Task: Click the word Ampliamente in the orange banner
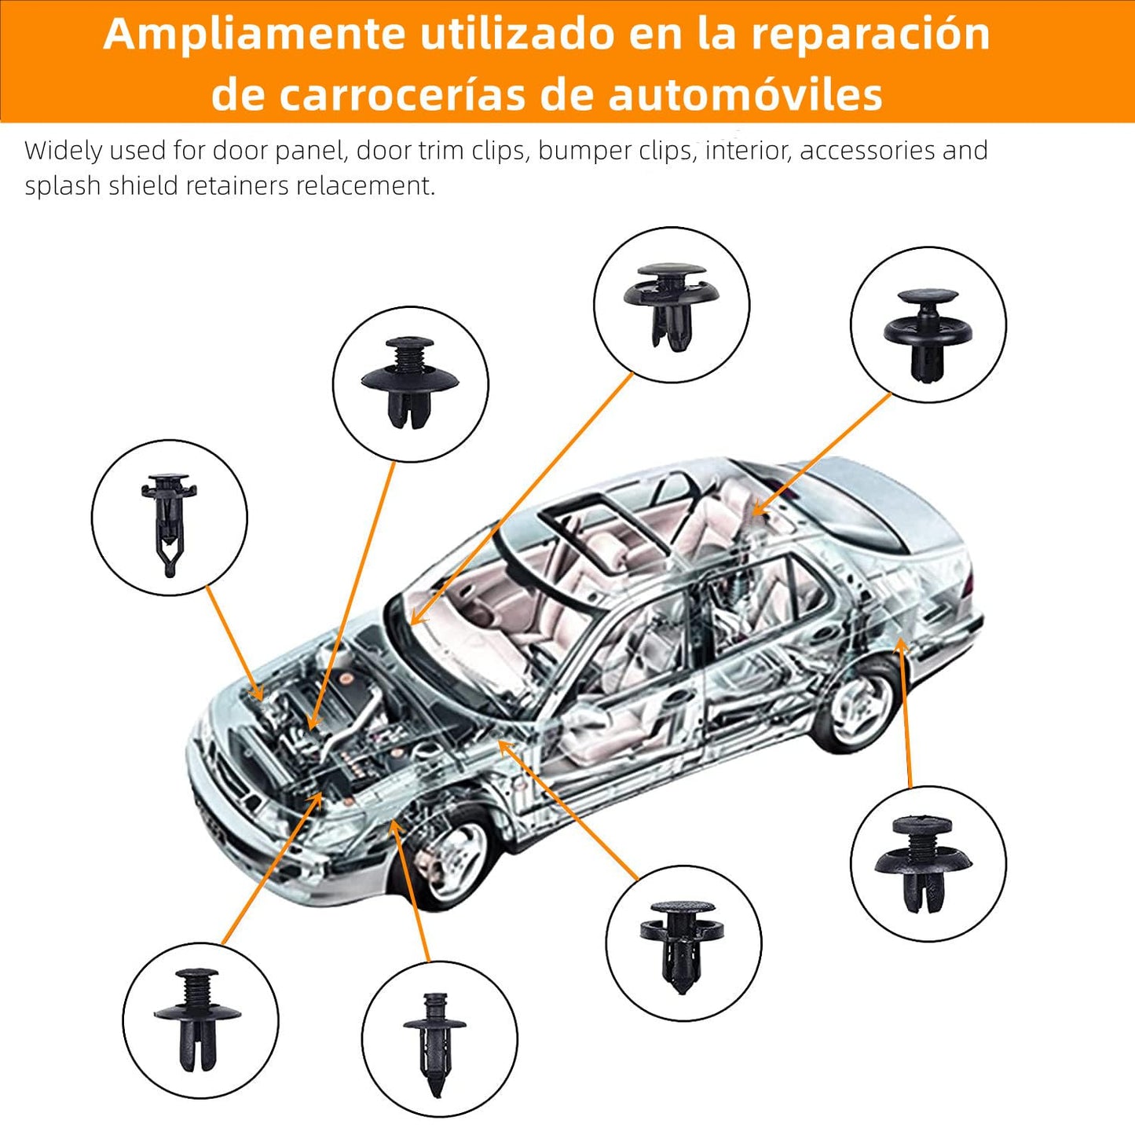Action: click(254, 35)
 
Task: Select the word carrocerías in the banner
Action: click(401, 94)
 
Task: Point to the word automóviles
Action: click(745, 94)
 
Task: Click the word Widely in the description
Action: click(64, 152)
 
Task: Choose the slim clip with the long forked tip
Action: click(169, 525)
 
